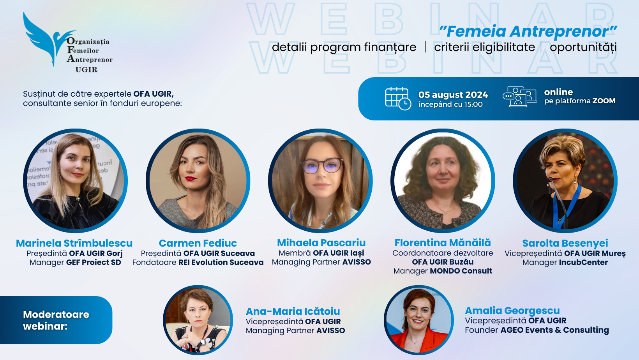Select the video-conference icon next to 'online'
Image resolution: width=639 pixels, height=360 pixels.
coord(519,97)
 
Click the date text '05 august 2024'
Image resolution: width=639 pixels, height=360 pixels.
coord(453,95)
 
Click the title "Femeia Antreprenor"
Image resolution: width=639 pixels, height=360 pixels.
coord(528,31)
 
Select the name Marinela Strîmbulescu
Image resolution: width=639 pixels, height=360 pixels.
coord(74,243)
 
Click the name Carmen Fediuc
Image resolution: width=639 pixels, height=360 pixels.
coord(198,243)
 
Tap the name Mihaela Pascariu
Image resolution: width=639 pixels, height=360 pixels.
coord(321,243)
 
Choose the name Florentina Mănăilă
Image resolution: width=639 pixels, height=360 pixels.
coord(443,243)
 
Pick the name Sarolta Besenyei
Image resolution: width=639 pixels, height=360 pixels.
coord(565,243)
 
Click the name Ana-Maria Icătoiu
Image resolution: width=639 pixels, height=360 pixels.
coord(293,311)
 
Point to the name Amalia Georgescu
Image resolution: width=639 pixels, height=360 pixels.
coord(512,311)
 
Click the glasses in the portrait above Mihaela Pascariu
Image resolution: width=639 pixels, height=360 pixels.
coord(322,166)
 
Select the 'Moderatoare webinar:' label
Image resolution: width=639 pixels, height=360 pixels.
coord(56,320)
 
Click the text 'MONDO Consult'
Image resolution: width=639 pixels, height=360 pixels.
coord(461,271)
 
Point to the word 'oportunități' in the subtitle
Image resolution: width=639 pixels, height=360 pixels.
coord(583,48)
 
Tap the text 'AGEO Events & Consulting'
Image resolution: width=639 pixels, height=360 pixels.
coord(555,330)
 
